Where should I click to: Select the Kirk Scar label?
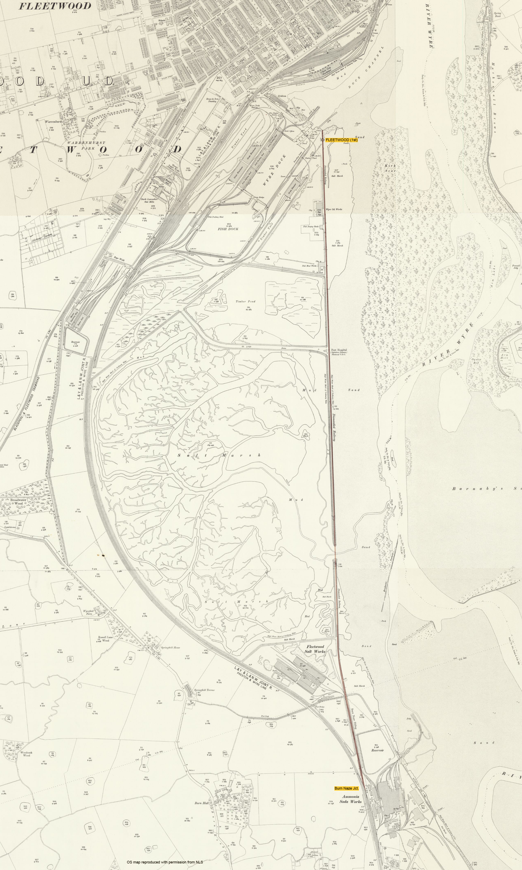pos(390,168)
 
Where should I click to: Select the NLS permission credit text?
pos(165,859)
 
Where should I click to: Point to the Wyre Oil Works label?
pos(334,209)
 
